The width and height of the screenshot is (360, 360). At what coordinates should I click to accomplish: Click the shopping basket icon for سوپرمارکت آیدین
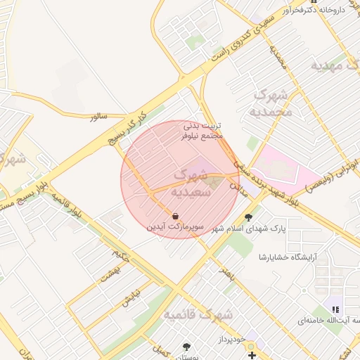click(x=174, y=216)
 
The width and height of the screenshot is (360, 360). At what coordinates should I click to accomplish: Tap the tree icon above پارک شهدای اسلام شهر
click(x=247, y=217)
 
